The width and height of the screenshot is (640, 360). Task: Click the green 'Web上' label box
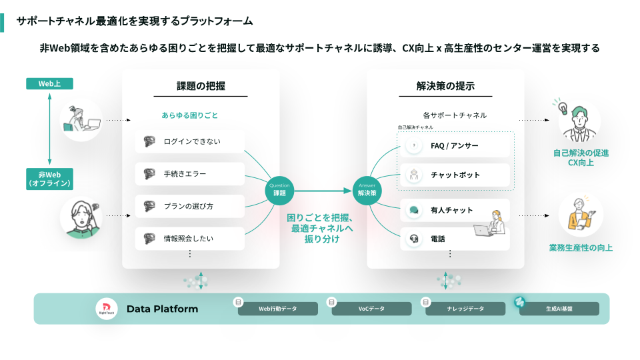[x=49, y=84]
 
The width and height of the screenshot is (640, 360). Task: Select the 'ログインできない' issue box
[x=190, y=141]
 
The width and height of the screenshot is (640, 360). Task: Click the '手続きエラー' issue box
[x=190, y=174]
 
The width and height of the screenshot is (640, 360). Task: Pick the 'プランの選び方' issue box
[x=190, y=206]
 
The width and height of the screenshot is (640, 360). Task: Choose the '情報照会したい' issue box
[x=190, y=238]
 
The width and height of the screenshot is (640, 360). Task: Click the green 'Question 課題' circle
[x=279, y=190]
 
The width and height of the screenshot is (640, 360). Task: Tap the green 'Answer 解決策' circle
[x=367, y=190]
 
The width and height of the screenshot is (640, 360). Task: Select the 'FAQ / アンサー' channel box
[x=455, y=145]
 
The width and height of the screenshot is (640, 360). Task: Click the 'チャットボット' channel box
[x=455, y=175]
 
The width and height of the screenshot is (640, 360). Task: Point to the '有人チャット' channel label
[x=451, y=210]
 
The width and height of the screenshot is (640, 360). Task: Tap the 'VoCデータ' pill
[x=371, y=309]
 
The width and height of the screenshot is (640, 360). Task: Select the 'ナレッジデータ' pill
[x=465, y=309]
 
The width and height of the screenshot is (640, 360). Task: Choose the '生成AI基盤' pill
[x=559, y=309]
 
